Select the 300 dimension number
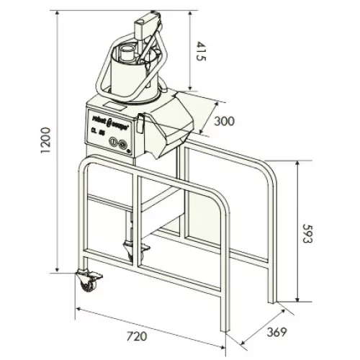pos(225,122)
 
